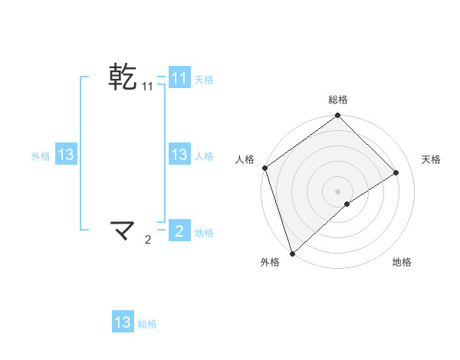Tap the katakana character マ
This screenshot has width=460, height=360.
click(123, 229)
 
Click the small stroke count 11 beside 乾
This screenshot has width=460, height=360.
click(147, 87)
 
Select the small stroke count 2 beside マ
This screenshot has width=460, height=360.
click(148, 240)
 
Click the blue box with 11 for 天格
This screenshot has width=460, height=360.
click(179, 77)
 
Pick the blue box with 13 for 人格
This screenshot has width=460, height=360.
click(179, 155)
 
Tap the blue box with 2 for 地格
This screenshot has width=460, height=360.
click(179, 230)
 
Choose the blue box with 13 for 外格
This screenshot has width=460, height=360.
click(66, 155)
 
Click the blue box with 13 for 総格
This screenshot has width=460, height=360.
click(123, 322)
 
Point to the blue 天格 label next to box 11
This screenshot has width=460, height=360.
click(204, 79)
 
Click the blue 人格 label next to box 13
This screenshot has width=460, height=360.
click(204, 155)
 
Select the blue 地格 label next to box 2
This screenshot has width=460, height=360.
click(204, 232)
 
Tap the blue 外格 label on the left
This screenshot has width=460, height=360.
click(41, 155)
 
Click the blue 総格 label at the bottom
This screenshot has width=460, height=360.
click(147, 324)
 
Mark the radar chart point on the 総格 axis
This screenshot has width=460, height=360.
click(338, 116)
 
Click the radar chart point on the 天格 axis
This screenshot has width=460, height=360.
click(396, 173)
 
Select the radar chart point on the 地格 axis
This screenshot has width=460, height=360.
click(347, 204)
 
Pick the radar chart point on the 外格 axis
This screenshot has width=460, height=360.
click(292, 253)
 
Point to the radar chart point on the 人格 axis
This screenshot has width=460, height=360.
click(265, 168)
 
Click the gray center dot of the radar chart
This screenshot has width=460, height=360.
click(338, 191)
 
